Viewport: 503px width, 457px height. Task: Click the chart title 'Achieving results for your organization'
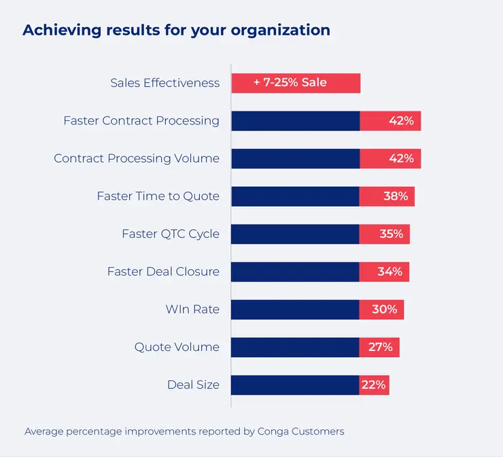[x=176, y=31]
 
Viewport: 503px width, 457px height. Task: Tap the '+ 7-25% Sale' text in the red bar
[x=290, y=83]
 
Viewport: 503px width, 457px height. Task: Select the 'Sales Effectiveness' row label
[x=164, y=83]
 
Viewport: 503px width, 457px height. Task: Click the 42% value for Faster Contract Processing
[x=401, y=121]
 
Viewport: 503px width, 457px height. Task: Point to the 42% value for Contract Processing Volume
[x=401, y=158]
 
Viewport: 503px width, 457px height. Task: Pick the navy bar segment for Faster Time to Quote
[x=295, y=197]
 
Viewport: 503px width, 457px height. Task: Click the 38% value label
[x=396, y=197]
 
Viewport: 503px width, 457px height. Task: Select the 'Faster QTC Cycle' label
[x=171, y=234]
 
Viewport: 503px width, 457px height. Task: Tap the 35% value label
[x=391, y=234]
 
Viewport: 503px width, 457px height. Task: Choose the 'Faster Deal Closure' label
[x=163, y=271]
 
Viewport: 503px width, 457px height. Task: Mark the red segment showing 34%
[x=385, y=272]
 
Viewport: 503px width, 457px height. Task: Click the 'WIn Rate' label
[x=192, y=309]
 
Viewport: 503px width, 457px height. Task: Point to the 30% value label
[x=385, y=309]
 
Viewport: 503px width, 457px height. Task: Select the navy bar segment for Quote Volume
[x=295, y=348]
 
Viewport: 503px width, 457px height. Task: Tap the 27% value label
[x=381, y=348]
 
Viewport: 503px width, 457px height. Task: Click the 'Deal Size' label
[x=193, y=385]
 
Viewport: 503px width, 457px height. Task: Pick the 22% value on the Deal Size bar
[x=374, y=385]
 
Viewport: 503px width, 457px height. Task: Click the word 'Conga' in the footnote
[x=273, y=431]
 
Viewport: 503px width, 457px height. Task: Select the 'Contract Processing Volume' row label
[x=137, y=158]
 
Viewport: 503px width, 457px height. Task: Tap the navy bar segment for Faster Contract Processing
[x=295, y=121]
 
